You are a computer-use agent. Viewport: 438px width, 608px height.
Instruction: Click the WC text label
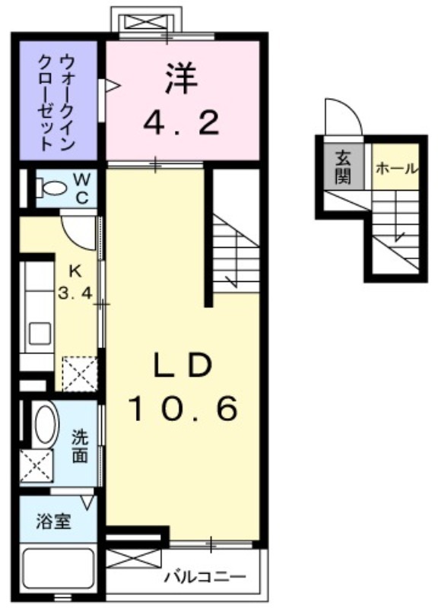click(82, 188)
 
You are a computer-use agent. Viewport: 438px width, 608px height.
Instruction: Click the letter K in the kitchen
click(75, 271)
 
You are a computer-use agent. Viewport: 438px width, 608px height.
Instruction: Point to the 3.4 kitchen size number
click(75, 290)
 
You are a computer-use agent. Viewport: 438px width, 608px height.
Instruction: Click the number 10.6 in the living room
click(182, 410)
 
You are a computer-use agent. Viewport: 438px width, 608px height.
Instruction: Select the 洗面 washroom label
click(79, 447)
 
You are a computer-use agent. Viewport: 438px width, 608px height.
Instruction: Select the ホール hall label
click(395, 168)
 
